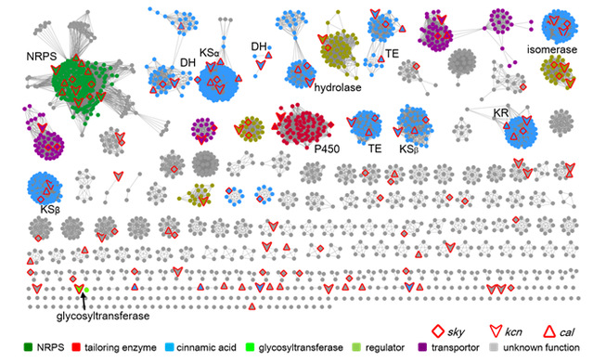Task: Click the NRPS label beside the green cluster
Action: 41,57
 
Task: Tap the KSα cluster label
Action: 210,53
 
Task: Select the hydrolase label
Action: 338,88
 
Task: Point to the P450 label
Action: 327,149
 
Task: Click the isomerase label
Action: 552,49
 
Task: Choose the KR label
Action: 501,112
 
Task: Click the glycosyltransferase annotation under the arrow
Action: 103,316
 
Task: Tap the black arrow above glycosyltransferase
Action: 84,302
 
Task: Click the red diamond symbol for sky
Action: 438,331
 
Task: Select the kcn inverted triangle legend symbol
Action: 496,331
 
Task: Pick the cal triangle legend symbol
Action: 548,331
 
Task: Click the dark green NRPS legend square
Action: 28,347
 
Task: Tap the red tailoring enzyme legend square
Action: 76,347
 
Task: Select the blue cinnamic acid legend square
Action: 170,347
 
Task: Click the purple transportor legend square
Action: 423,347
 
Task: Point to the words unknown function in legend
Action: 541,347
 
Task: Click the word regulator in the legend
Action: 384,347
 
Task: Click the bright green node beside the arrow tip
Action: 86,290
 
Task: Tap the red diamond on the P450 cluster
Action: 331,124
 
